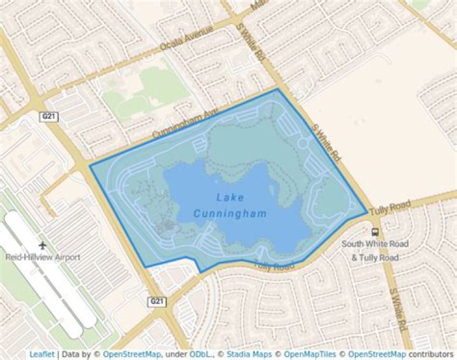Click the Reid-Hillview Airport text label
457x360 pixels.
[43, 257]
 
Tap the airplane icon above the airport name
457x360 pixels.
[43, 245]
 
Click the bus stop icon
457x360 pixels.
[375, 232]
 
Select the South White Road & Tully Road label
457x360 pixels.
[375, 250]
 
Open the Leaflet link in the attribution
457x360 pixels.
[41, 354]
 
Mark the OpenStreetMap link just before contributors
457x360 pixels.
[374, 354]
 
